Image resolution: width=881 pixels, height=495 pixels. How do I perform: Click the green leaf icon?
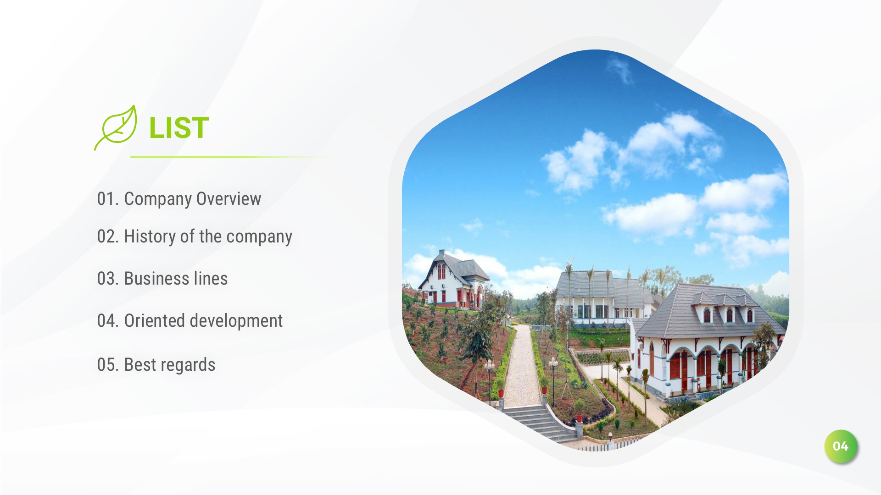pos(116,127)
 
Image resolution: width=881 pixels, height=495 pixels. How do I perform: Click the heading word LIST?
pos(179,127)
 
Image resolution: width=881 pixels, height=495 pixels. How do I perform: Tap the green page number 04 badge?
pos(841,446)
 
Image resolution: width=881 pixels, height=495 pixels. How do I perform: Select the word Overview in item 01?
pos(229,199)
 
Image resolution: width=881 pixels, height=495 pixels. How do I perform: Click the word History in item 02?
pos(150,236)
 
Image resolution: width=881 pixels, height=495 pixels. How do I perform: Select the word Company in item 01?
pos(158,199)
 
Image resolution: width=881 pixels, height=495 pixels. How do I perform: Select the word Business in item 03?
pos(156,279)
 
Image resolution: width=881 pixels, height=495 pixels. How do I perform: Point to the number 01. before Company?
pos(108,199)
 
